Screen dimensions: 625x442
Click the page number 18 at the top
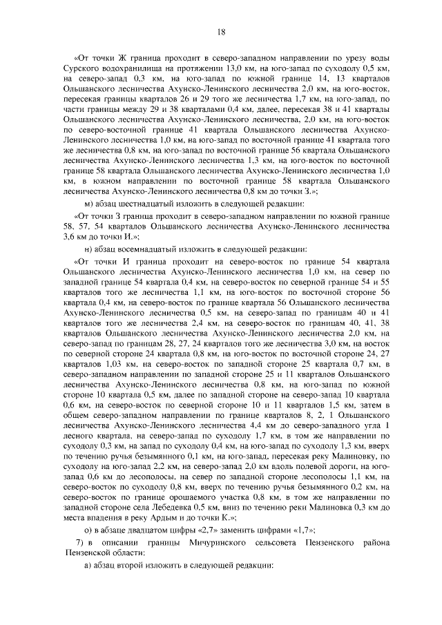pos(221,31)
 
